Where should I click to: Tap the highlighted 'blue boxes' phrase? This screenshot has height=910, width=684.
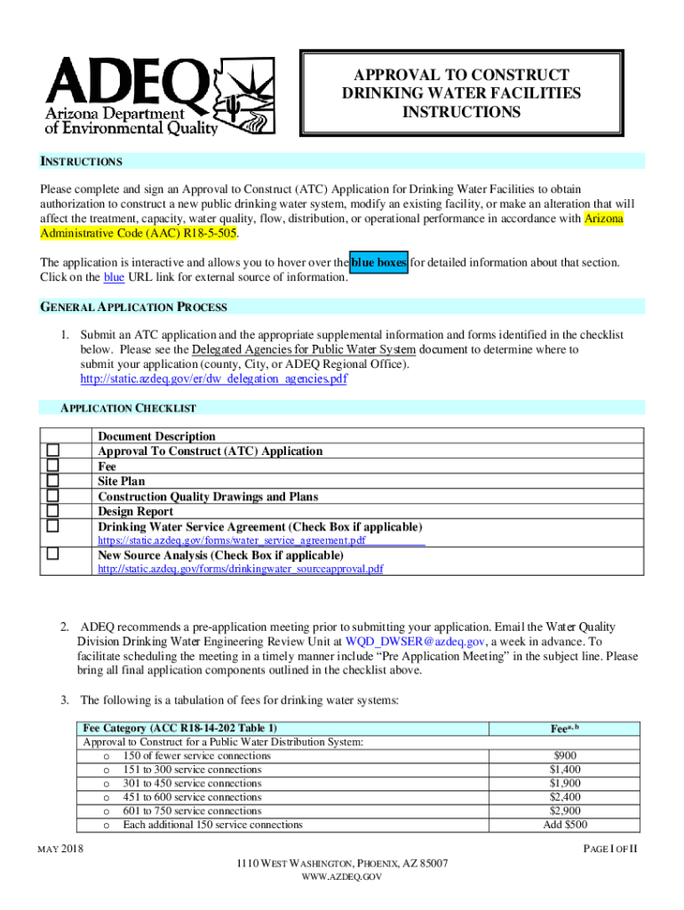379,262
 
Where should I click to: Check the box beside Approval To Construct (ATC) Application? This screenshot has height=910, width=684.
52,451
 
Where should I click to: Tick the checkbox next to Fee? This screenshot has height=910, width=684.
52,466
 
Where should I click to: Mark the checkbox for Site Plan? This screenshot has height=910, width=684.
52,481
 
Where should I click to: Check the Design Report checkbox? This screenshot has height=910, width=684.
52,511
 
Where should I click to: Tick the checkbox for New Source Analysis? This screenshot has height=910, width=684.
52,554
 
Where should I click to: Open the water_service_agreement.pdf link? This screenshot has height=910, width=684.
231,540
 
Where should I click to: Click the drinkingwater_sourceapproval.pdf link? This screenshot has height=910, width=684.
240,569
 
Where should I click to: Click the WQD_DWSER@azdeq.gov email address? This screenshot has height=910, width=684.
415,641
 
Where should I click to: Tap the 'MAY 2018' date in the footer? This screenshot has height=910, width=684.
60,850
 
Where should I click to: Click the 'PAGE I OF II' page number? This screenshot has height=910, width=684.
610,850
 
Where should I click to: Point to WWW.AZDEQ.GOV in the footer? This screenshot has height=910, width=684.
342,877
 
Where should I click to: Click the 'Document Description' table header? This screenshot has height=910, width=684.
156,436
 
